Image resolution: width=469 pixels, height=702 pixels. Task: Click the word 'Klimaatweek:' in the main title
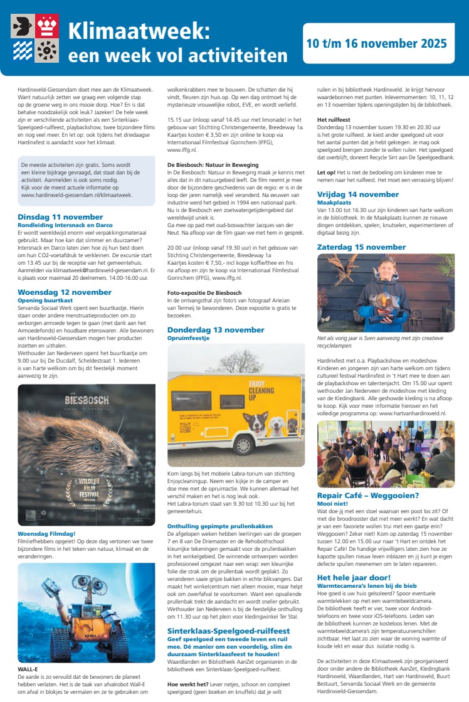pos(139,31)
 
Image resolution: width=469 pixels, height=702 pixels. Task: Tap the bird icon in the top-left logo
pos(23,26)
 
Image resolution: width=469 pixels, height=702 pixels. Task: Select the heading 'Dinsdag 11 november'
pos(60,216)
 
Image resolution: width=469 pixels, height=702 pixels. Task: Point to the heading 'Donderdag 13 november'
pos(216,330)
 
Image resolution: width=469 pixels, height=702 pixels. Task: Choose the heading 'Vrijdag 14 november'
pos(358,194)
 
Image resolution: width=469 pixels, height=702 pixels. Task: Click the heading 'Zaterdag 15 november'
pos(362,247)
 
